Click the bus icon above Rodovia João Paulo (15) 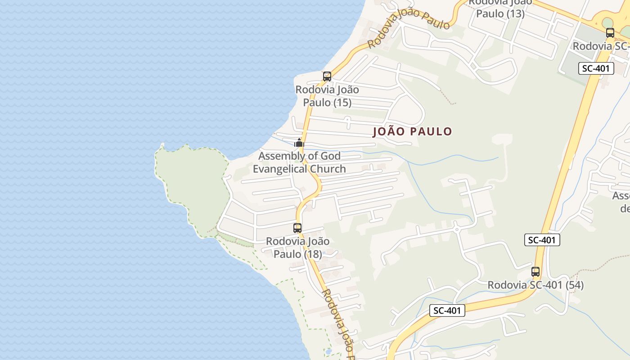tap(327, 76)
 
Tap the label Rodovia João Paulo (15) tap(327, 96)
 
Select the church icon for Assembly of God tap(299, 143)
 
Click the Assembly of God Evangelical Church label tap(300, 162)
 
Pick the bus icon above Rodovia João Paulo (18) tap(297, 228)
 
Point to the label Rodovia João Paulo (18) tap(298, 247)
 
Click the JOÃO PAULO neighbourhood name tap(412, 131)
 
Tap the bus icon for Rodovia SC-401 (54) tap(535, 271)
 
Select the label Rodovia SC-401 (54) tap(535, 285)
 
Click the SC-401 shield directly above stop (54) tap(542, 240)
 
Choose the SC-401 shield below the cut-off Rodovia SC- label tap(596, 68)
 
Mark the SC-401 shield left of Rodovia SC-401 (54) tap(447, 310)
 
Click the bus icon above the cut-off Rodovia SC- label tap(610, 32)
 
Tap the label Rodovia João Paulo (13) tap(500, 8)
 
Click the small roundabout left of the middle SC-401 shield tap(456, 229)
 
